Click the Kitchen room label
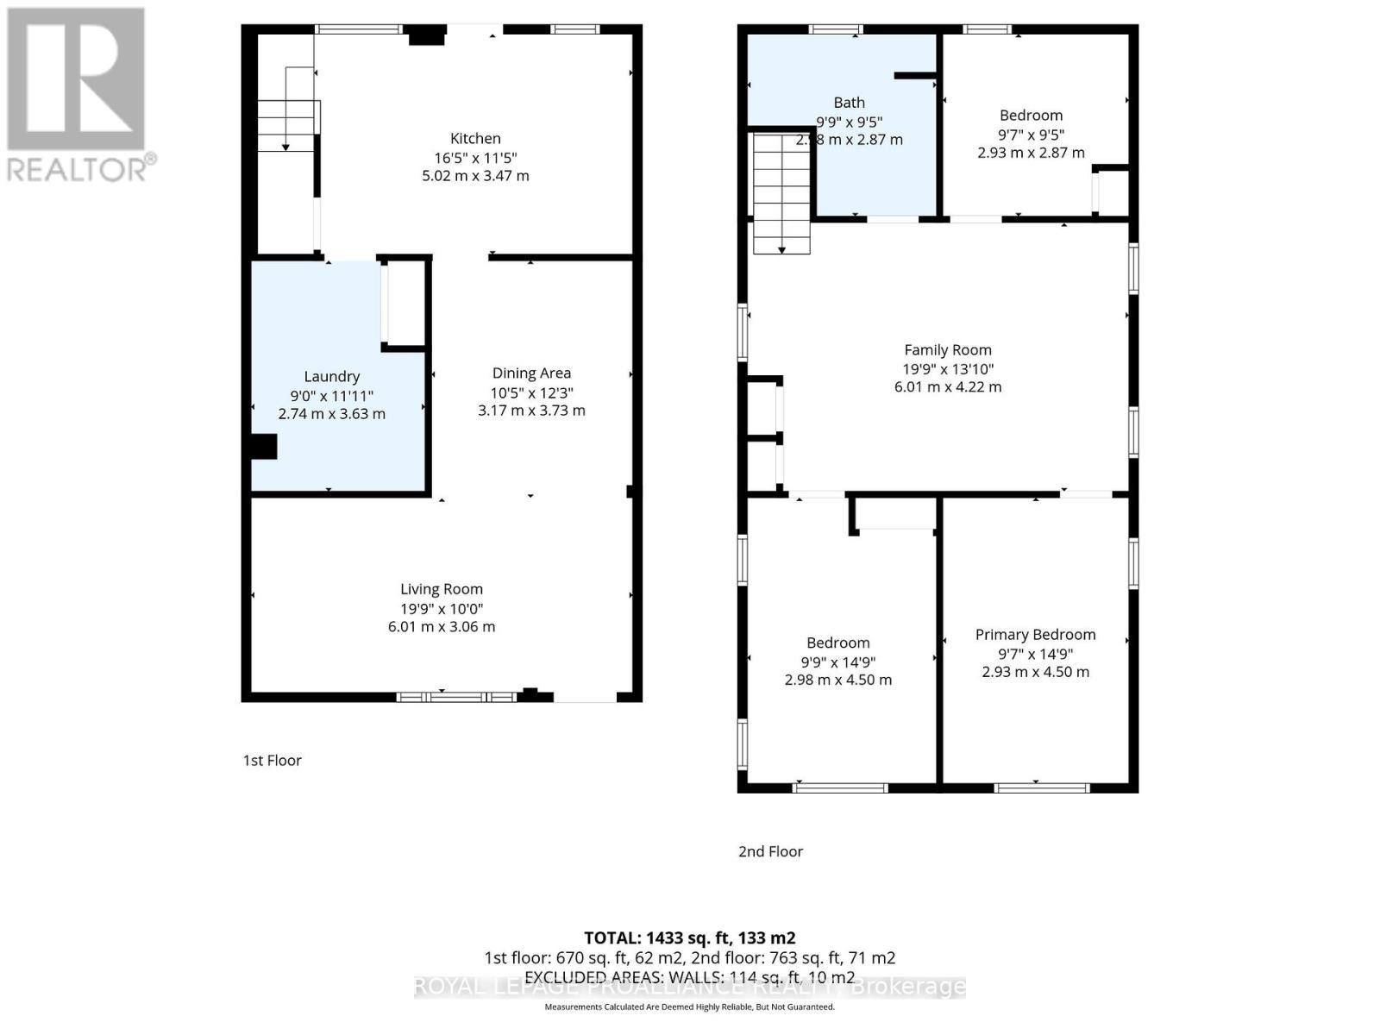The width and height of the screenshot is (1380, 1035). click(x=475, y=138)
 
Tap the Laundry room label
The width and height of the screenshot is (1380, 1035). click(x=331, y=376)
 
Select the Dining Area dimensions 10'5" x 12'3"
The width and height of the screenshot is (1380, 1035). click(x=531, y=392)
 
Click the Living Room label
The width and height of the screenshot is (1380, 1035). click(x=441, y=589)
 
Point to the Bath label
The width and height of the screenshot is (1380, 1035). click(x=849, y=103)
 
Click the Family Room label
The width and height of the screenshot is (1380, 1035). click(x=947, y=349)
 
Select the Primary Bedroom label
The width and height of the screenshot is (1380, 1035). click(x=1035, y=634)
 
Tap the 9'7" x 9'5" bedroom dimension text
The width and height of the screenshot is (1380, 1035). click(x=1031, y=135)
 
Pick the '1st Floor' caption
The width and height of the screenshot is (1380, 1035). click(x=272, y=760)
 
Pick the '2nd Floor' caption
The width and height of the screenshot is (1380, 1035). click(x=770, y=851)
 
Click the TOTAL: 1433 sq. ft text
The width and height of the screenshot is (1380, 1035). click(x=689, y=938)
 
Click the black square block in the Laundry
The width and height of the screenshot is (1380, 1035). click(x=264, y=447)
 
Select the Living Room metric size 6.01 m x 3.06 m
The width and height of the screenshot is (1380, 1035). click(x=441, y=627)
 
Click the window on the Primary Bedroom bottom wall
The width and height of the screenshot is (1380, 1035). click(x=1041, y=787)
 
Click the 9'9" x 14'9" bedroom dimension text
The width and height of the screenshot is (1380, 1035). click(x=837, y=662)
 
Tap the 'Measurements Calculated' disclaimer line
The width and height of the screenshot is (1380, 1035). click(x=689, y=1007)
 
